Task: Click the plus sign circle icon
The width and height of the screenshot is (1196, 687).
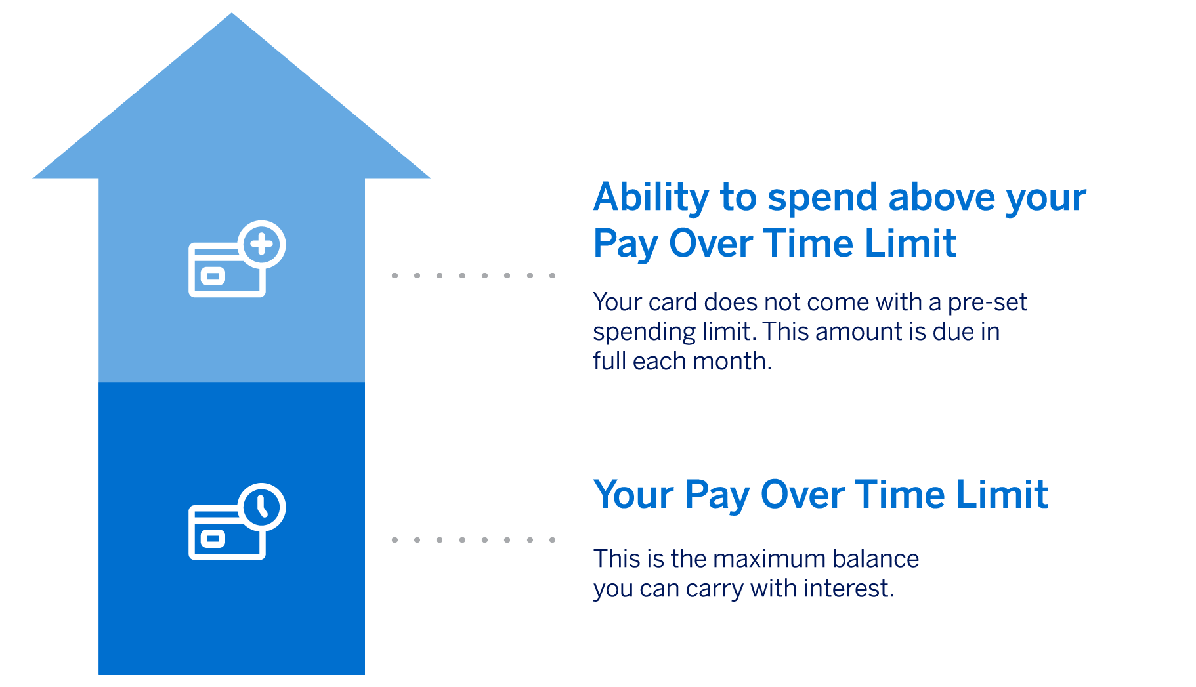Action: click(x=262, y=244)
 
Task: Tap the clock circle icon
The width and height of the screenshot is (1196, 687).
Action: click(x=262, y=507)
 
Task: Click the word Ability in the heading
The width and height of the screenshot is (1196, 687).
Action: click(x=651, y=198)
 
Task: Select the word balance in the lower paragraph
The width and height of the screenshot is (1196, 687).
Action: click(x=875, y=558)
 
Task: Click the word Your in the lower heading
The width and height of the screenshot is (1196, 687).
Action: click(x=633, y=494)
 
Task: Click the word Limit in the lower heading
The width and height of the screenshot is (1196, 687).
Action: click(x=1002, y=494)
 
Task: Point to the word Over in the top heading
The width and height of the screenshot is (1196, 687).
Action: click(x=710, y=243)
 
